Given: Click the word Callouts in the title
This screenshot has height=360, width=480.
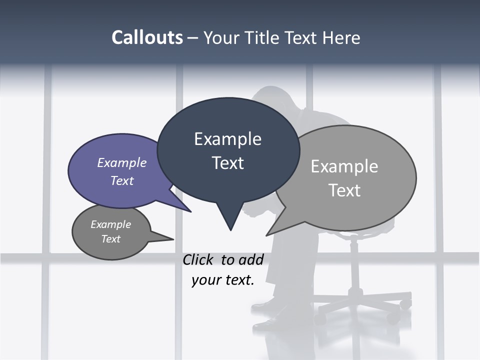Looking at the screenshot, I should click(147, 37).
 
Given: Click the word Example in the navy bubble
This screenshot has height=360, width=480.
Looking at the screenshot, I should click(227, 138).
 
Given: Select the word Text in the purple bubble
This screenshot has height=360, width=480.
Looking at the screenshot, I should click(122, 180).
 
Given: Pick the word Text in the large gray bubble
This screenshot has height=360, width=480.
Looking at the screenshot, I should click(344, 190).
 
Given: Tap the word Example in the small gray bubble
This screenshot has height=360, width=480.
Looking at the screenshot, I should click(110, 224).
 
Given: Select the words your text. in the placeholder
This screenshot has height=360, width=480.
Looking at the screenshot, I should click(222, 280).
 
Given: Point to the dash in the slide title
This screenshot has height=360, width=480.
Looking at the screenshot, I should click(193, 38).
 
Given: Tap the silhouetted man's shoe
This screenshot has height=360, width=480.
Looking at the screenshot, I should click(267, 322).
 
